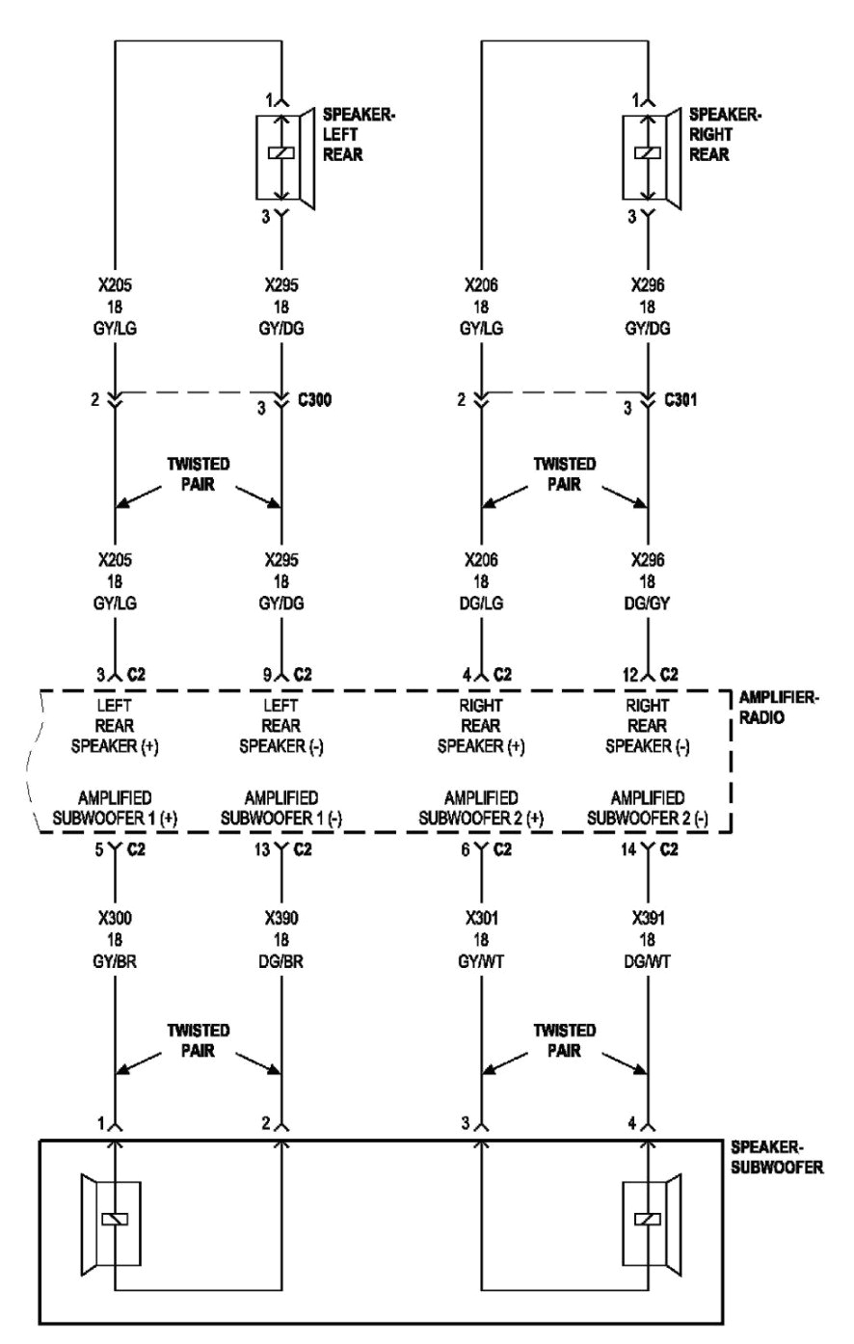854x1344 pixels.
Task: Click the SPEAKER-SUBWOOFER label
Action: point(777,1157)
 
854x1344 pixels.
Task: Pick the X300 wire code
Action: point(115,917)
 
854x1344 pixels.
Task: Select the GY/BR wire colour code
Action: point(115,959)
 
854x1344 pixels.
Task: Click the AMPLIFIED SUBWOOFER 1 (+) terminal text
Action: point(115,808)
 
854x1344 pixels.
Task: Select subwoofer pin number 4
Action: point(632,1123)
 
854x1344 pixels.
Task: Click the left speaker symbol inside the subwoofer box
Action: point(112,1219)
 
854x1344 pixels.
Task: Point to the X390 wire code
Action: point(280,917)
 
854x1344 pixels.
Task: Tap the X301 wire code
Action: point(481,917)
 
